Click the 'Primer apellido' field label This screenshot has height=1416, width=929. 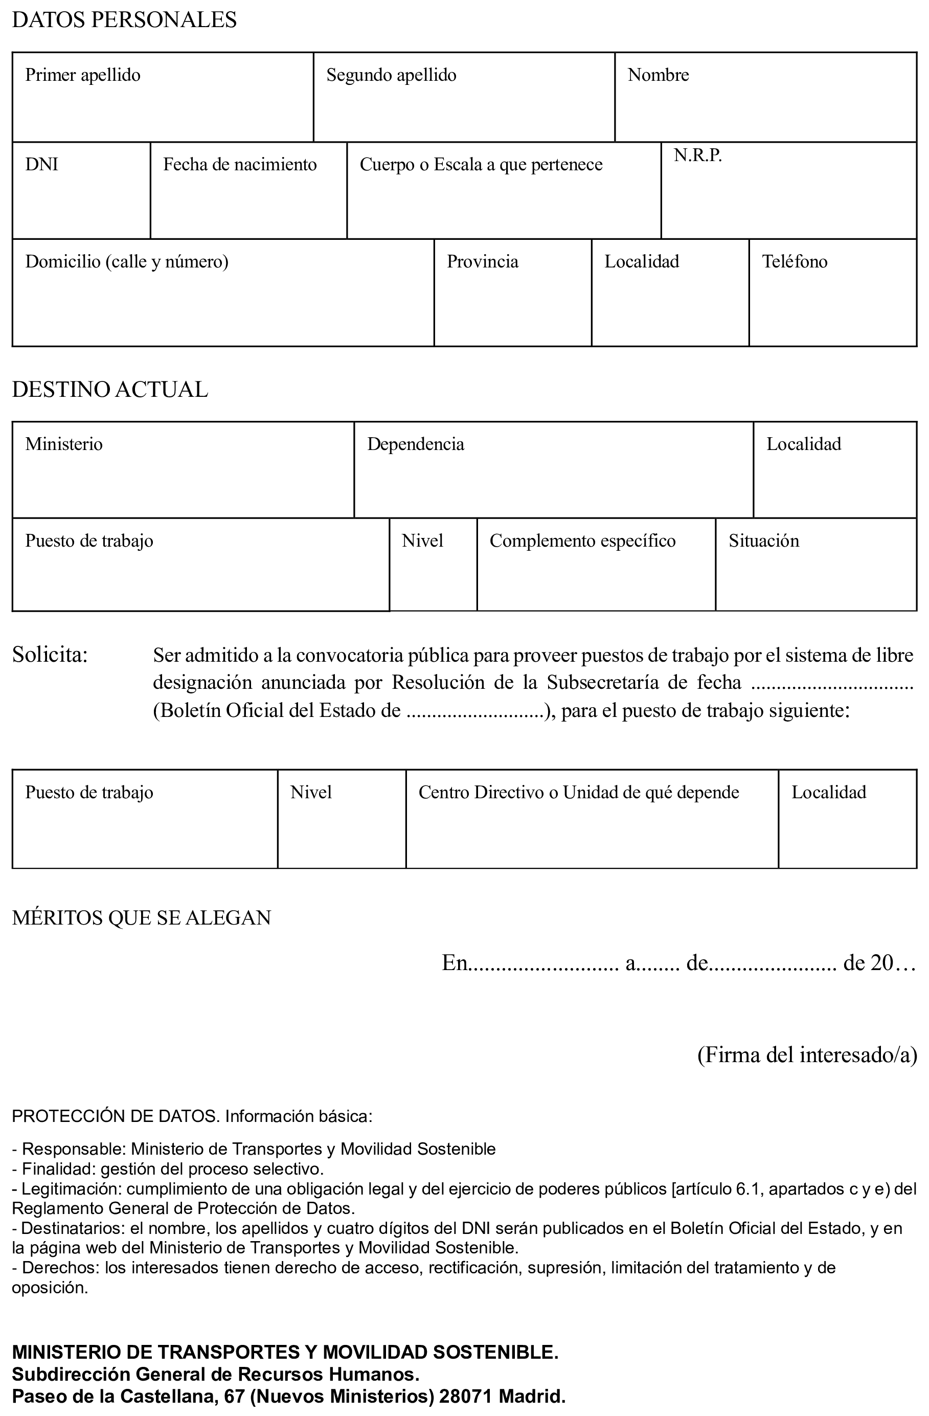pyautogui.click(x=83, y=75)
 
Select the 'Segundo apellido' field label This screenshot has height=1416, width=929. pyautogui.click(x=391, y=75)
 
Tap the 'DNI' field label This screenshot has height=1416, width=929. pyautogui.click(x=41, y=165)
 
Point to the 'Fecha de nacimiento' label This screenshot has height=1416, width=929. pyautogui.click(x=240, y=165)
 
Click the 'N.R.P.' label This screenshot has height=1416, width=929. pyautogui.click(x=697, y=156)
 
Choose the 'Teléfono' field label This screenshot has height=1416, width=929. pyautogui.click(x=794, y=262)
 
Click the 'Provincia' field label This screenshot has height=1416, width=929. pyautogui.click(x=482, y=262)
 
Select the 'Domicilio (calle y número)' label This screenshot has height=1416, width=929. pyautogui.click(x=127, y=262)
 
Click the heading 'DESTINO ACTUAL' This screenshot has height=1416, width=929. pyautogui.click(x=110, y=390)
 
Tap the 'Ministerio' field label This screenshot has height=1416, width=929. pyautogui.click(x=63, y=444)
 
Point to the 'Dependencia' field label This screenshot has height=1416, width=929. pyautogui.click(x=415, y=444)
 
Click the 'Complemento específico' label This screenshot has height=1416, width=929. pyautogui.click(x=582, y=541)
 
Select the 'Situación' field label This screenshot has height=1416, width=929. pyautogui.click(x=764, y=541)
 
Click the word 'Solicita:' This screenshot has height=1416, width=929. pyautogui.click(x=50, y=655)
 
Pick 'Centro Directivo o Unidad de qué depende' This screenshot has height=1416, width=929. pyautogui.click(x=579, y=793)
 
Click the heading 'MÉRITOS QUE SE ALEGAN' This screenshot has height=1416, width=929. pyautogui.click(x=142, y=918)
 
